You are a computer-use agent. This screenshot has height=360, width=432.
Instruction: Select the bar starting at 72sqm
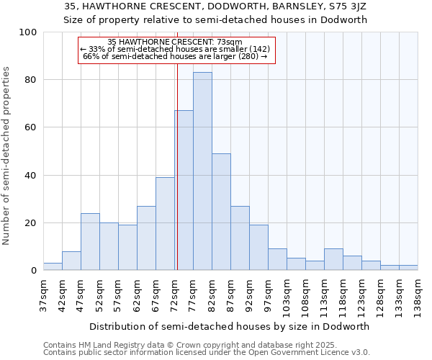[x=184, y=191]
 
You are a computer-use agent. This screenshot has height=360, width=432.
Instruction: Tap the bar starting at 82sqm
[x=221, y=212]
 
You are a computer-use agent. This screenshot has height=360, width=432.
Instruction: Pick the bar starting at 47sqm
[x=90, y=242]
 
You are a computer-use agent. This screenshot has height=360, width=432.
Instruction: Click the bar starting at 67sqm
[x=165, y=224]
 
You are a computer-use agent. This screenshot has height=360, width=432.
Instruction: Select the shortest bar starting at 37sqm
[x=53, y=267]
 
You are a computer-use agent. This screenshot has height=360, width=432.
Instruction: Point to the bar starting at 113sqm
[x=333, y=260]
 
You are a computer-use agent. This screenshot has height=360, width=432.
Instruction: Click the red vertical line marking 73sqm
[x=177, y=166]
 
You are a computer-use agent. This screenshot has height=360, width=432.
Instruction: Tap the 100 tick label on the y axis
[x=28, y=32]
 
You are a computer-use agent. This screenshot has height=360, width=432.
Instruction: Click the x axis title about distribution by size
[x=230, y=326]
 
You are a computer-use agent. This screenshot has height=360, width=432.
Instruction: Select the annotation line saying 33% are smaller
[x=175, y=49]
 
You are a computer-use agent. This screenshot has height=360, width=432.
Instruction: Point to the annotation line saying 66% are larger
[x=175, y=56]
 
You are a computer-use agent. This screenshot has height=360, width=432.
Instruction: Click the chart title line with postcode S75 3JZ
[x=215, y=6]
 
